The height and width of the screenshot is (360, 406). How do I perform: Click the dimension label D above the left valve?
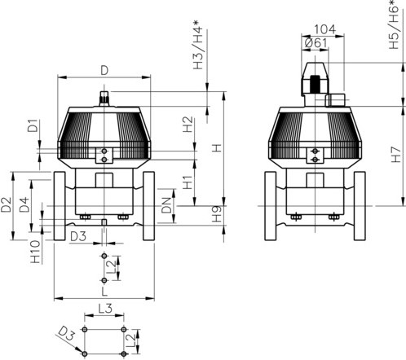[x=104, y=70]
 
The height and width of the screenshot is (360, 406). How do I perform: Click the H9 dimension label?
[x=215, y=216]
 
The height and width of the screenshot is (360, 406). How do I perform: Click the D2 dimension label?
[x=7, y=206]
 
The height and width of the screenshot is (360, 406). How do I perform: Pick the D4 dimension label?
[x=25, y=206]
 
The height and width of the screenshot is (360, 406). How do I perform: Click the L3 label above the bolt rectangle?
[x=104, y=309]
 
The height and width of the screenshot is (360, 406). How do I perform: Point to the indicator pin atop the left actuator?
[x=104, y=99]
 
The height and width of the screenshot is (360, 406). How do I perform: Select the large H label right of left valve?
[x=215, y=149]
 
